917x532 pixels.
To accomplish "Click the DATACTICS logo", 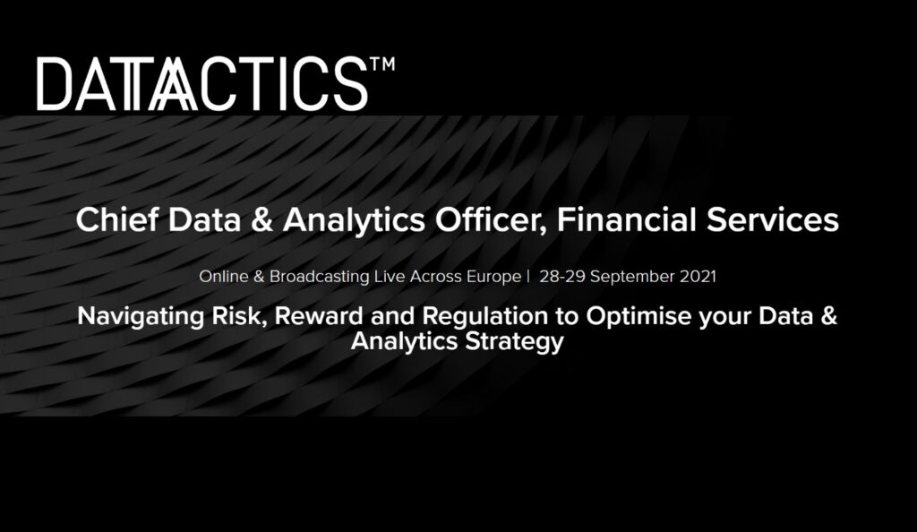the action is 215,83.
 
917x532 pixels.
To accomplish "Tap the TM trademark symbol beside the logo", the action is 382,64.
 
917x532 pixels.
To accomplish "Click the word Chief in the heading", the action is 117,219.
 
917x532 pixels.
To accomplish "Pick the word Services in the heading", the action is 773,219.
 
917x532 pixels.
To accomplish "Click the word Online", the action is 223,277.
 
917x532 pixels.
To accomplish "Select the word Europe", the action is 493,277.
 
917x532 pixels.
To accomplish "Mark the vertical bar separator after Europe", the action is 528,277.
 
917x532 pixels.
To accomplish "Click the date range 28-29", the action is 562,277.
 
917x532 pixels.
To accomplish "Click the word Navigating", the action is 141,317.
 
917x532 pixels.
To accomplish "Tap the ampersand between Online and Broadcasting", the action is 259,277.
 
